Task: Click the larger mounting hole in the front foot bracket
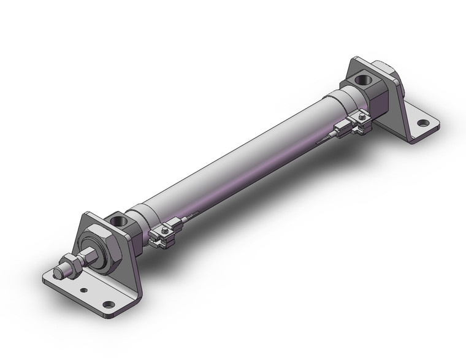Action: click(x=109, y=304)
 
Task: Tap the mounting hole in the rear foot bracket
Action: click(x=422, y=123)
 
